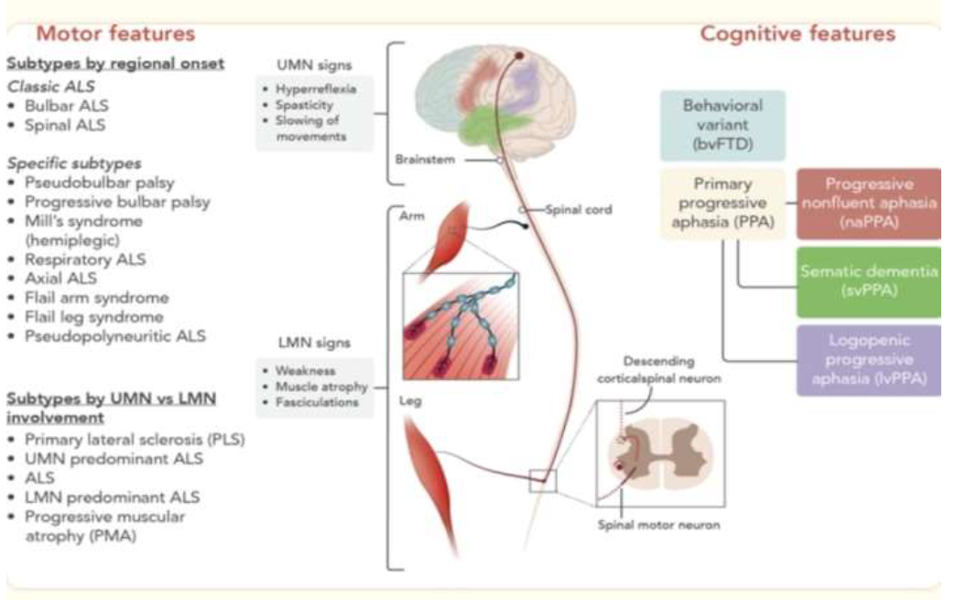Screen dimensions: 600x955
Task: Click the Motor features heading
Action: tap(115, 34)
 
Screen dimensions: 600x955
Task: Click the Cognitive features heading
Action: tap(797, 35)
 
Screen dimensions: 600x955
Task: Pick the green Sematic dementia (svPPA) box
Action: tap(868, 280)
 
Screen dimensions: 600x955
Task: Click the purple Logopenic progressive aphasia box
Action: tap(868, 359)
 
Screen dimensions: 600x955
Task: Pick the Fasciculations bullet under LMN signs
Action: tap(315, 402)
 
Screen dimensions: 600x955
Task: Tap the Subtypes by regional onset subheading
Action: tap(116, 65)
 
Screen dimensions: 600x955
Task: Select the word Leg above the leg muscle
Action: tap(409, 400)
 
